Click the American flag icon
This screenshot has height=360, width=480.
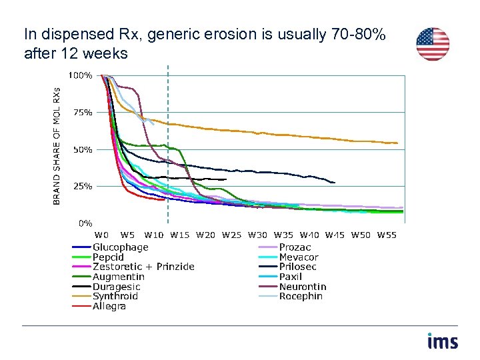pyautogui.click(x=433, y=44)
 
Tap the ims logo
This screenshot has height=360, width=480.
pyautogui.click(x=443, y=341)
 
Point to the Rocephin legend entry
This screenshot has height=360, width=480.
pyautogui.click(x=301, y=296)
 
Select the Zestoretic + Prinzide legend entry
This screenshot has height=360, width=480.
pyautogui.click(x=143, y=267)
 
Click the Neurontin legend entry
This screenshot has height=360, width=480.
pyautogui.click(x=303, y=287)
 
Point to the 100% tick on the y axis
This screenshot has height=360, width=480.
pyautogui.click(x=82, y=75)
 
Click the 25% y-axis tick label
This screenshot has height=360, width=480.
pyautogui.click(x=83, y=187)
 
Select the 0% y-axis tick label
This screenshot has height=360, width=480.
pyautogui.click(x=85, y=223)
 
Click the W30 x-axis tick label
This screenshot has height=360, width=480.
pyautogui.click(x=257, y=235)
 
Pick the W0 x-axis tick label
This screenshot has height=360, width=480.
pyautogui.click(x=101, y=235)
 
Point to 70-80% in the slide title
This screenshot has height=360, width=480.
pyautogui.click(x=358, y=35)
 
